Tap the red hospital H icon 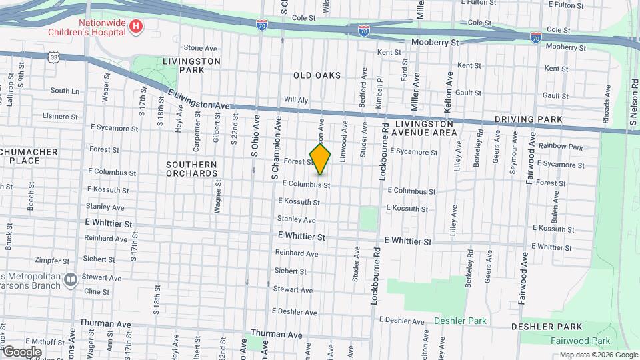136,27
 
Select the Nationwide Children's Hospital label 91,27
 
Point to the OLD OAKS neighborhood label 317,76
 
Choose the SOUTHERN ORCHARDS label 192,169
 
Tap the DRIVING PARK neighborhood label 529,120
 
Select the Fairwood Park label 586,341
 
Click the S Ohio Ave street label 254,137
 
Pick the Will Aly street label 296,100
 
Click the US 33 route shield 53,57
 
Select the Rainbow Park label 561,147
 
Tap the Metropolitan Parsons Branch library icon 71,279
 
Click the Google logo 22,351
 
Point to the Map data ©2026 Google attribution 598,355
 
